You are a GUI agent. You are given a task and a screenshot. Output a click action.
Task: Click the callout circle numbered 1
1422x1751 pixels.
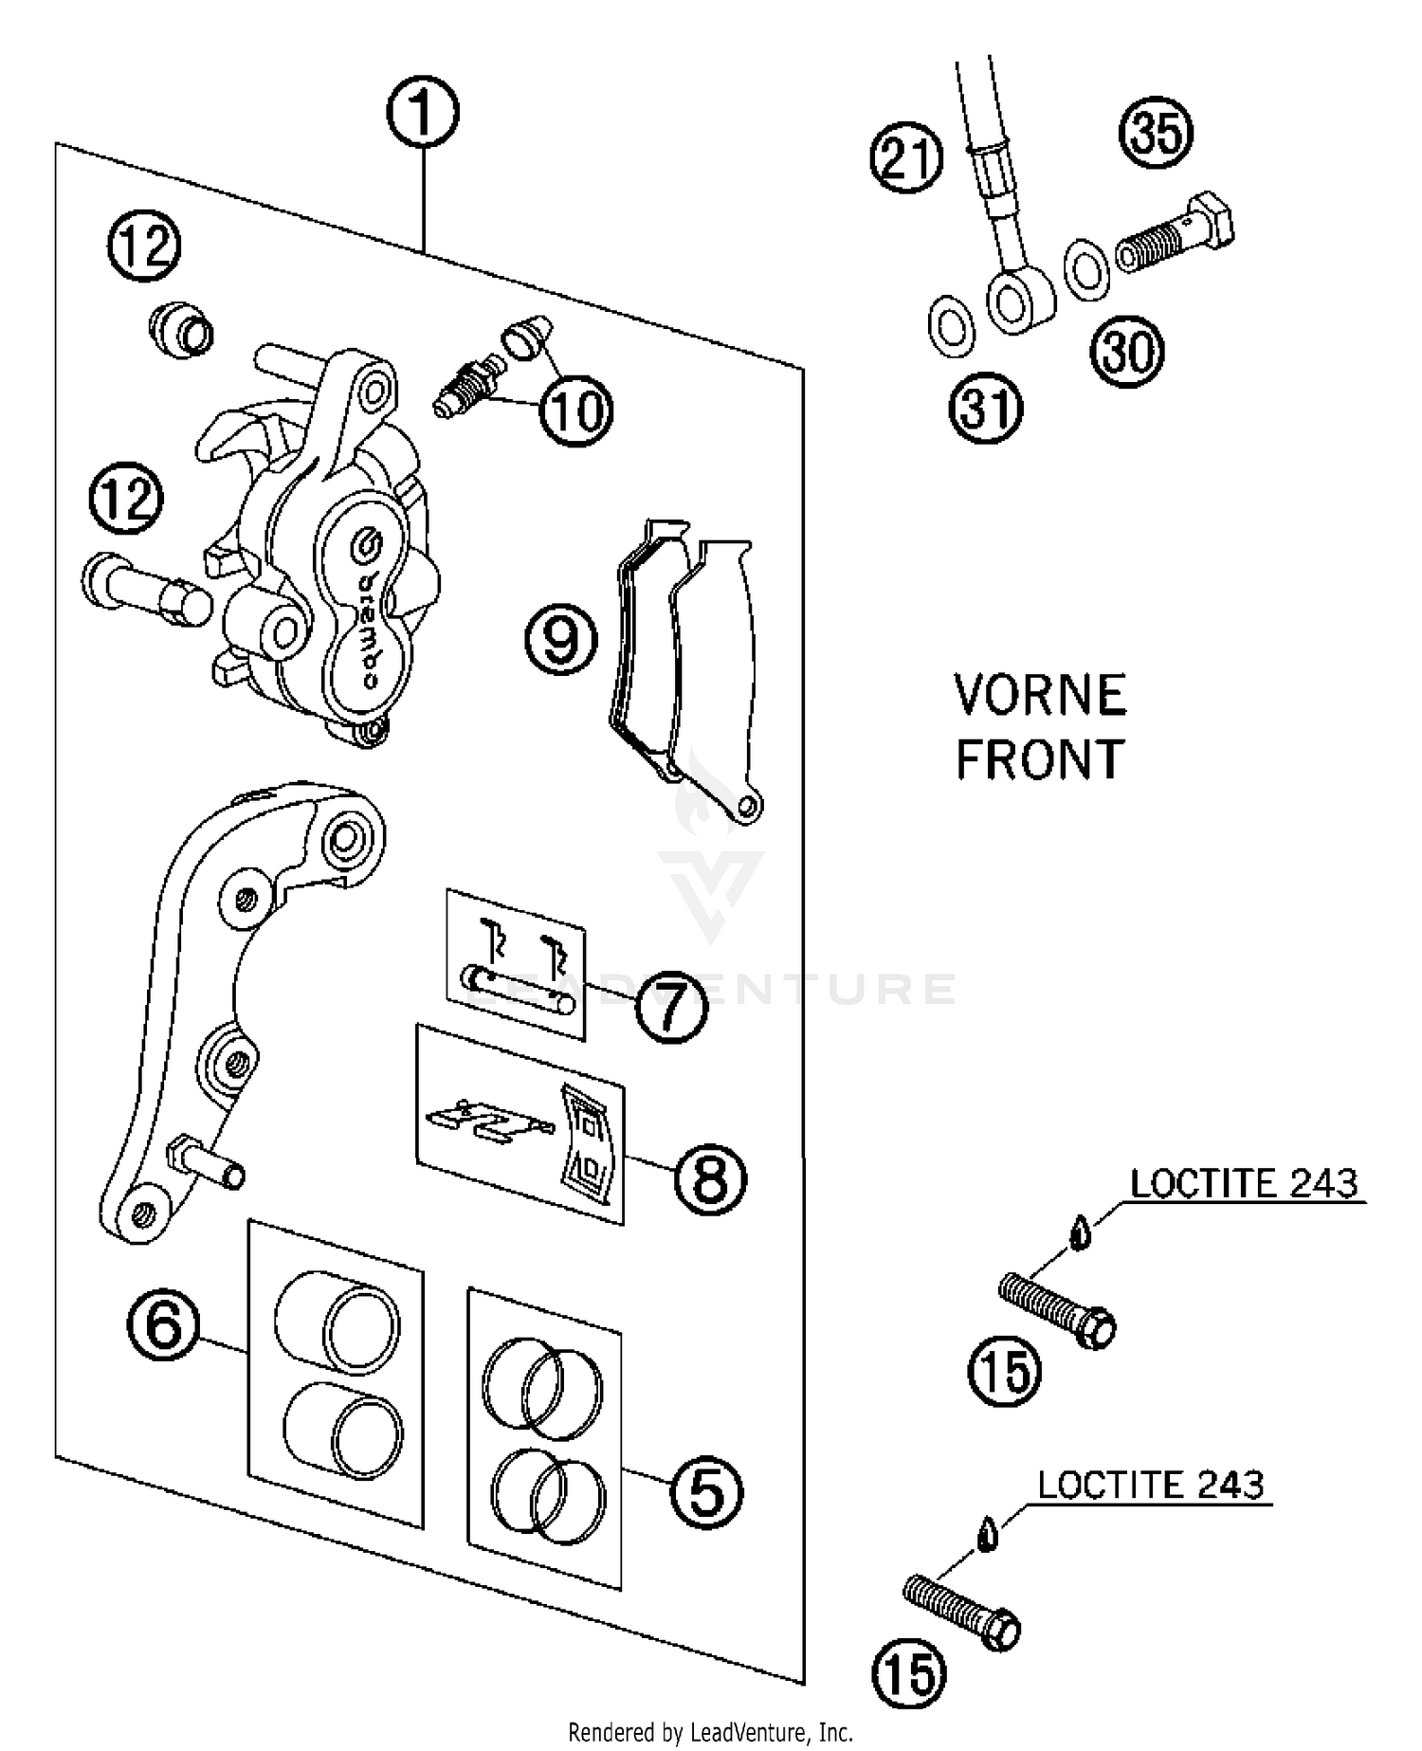coord(423,113)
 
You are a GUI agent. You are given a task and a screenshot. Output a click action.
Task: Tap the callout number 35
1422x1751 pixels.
coord(1156,132)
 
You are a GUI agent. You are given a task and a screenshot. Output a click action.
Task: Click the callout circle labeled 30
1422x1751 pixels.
coord(1127,352)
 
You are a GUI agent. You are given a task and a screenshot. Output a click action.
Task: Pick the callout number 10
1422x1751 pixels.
coord(576,410)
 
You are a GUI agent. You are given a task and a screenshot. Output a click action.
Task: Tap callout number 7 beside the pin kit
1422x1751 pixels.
coord(671,1007)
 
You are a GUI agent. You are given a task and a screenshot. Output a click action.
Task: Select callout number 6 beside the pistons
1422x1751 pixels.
coord(163,1324)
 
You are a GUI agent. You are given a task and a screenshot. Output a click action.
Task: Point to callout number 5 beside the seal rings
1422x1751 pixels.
coord(706,1492)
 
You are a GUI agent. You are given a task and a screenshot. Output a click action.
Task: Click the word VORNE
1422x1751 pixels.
coord(1040,695)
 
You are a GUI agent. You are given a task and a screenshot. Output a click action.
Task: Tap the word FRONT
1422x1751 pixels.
coord(1039,759)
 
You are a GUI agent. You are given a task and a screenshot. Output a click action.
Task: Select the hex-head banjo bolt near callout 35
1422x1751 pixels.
coord(1176,237)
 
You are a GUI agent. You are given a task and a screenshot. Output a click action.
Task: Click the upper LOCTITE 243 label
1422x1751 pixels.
coord(1244,1184)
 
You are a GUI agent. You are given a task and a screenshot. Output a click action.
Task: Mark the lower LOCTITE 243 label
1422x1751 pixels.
coord(1150,1485)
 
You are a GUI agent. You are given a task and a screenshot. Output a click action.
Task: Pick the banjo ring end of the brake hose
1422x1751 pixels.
coord(1017,302)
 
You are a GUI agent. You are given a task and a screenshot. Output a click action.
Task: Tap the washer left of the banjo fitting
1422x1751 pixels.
coord(951,326)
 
